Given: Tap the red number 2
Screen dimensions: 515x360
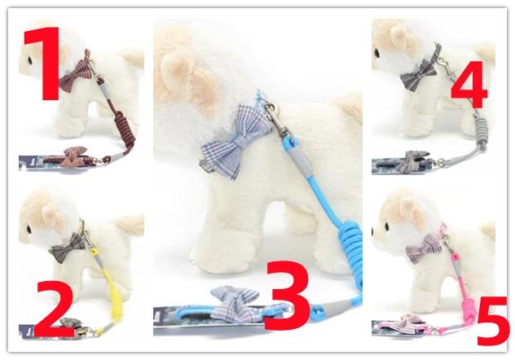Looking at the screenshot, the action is coord(55,310).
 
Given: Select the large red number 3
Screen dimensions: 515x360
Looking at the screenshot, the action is coord(287,296).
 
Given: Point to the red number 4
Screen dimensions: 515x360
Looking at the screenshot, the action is coord(469,85).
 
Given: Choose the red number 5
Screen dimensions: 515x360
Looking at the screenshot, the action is coord(493,321).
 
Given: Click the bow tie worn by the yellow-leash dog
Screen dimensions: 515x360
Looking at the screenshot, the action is coord(68,248).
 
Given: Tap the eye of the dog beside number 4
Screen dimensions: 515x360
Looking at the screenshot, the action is coord(376,52).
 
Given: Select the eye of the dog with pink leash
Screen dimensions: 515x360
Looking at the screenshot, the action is coord(386,226).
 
